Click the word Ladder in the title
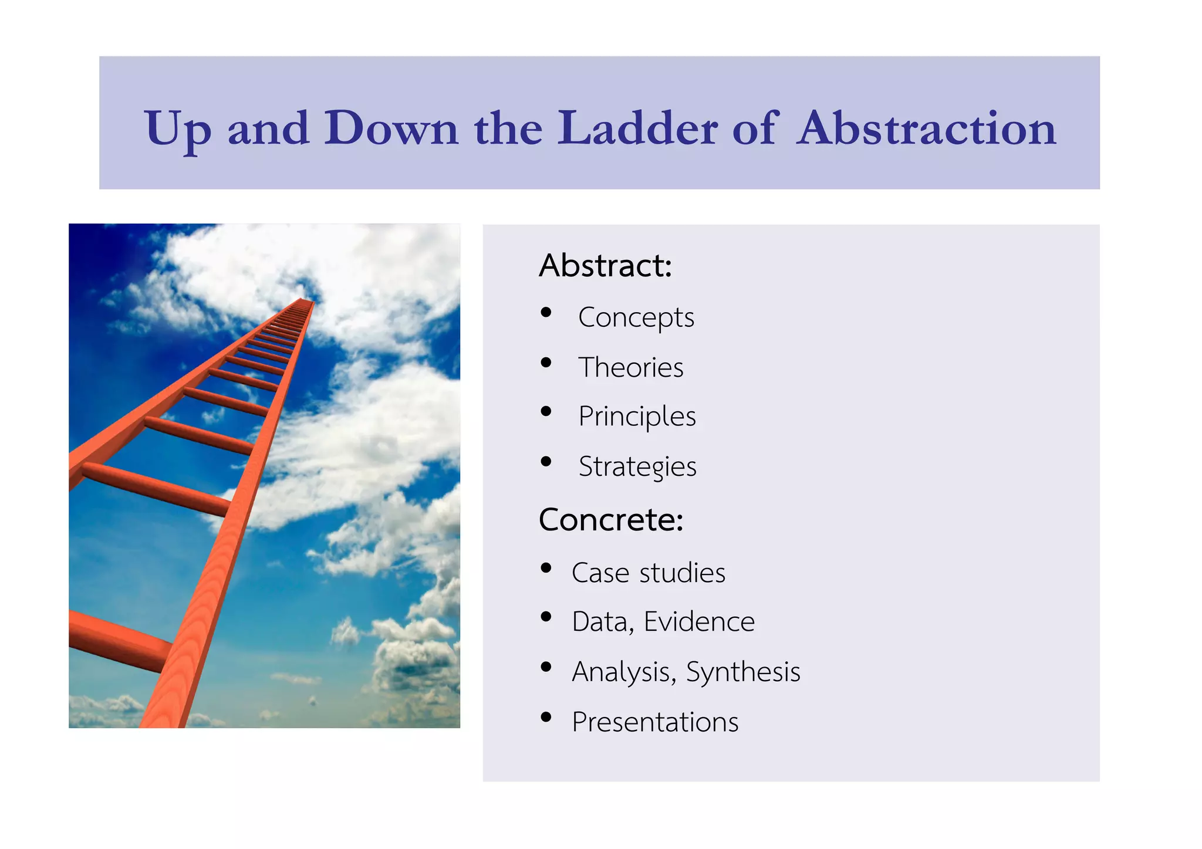637,128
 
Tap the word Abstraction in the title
927,128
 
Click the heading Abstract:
605,266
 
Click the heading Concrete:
611,520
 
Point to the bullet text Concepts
636,318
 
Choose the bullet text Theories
630,368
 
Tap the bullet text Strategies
637,467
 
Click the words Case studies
648,573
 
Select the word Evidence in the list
699,622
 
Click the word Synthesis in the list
742,672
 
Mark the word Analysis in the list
621,672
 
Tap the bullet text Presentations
654,722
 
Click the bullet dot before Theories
546,363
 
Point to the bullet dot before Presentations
546,717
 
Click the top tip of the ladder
304,301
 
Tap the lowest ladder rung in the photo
117,640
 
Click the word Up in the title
177,129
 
